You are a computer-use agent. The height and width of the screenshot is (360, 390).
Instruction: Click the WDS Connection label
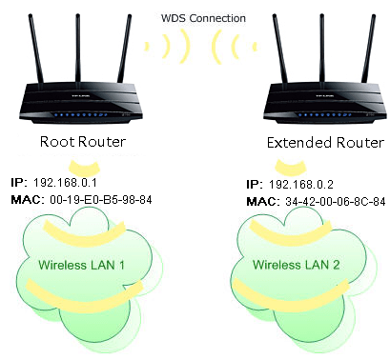coord(195,18)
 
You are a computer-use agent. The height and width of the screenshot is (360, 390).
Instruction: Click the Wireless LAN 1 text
coord(82,262)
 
